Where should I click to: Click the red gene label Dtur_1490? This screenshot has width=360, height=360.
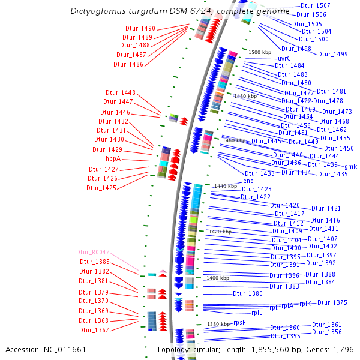point(140,28)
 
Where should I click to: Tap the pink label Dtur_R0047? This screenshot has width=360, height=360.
point(93,253)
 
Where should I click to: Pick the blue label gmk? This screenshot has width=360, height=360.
point(350,166)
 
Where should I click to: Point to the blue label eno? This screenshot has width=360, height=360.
point(248,181)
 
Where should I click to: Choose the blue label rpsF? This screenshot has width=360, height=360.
point(239,322)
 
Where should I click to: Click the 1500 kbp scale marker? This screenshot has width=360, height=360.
point(259,53)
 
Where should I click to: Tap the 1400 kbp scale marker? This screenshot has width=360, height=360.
point(217,278)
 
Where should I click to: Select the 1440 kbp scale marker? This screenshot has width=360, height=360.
point(225,186)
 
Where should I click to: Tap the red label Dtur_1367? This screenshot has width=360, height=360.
point(94,331)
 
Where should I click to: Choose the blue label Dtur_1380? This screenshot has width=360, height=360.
point(248,293)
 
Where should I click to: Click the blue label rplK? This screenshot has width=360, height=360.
point(305,304)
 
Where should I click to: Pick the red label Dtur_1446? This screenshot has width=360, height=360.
point(115,112)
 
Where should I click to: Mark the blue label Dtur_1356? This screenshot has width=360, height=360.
point(326,332)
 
